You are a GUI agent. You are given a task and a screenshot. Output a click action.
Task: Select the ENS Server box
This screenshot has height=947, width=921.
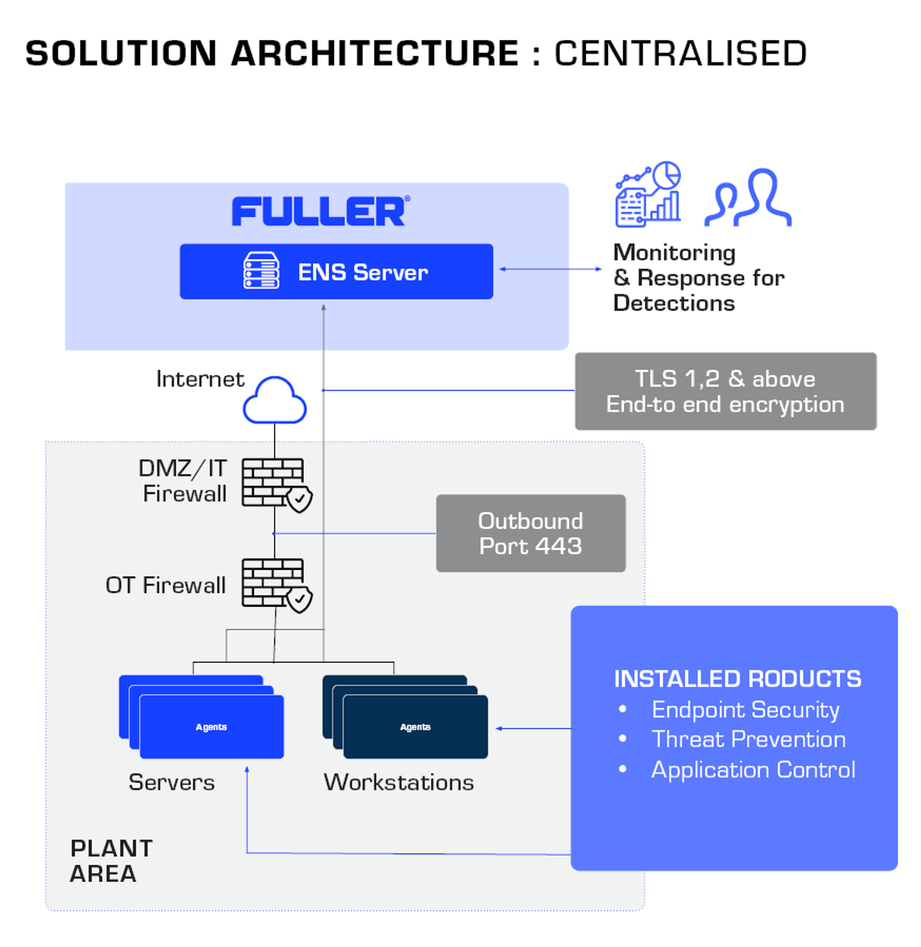click(336, 272)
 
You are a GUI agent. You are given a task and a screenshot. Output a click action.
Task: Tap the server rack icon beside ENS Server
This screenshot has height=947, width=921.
click(261, 271)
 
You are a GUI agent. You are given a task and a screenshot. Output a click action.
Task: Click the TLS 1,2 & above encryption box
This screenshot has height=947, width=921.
click(725, 391)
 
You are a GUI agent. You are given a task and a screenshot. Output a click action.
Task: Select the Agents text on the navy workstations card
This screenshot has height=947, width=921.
click(415, 727)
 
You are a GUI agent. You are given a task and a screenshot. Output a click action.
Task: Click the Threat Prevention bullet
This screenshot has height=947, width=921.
click(748, 739)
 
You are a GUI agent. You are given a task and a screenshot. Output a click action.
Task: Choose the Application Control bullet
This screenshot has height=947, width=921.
click(753, 770)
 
